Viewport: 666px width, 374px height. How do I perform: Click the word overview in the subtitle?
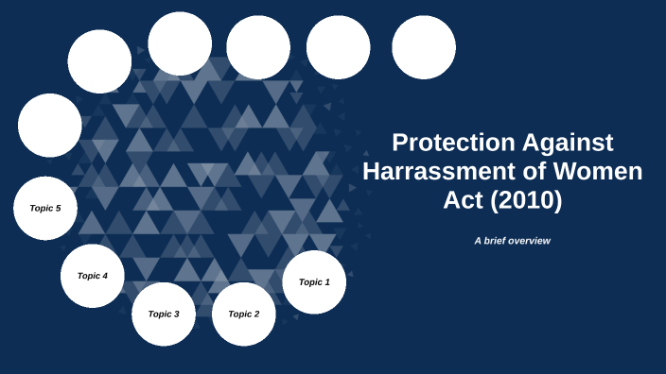coord(529,241)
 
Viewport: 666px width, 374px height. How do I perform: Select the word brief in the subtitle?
coord(494,241)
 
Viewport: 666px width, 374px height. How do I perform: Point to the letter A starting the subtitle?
coord(478,241)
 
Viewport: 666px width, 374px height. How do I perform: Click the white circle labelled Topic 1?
coord(314,281)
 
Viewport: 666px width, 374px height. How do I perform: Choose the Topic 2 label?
coord(243,314)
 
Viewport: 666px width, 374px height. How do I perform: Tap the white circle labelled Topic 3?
coord(164,314)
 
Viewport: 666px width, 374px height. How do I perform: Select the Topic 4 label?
coord(93,276)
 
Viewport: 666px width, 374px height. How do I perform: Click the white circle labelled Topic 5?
coord(45,208)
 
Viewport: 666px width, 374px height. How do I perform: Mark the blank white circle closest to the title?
coord(424,47)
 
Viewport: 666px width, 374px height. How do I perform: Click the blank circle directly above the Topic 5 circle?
coord(49,125)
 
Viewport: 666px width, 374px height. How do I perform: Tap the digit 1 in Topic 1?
coord(327,281)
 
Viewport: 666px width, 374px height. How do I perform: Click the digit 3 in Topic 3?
coord(177,314)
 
